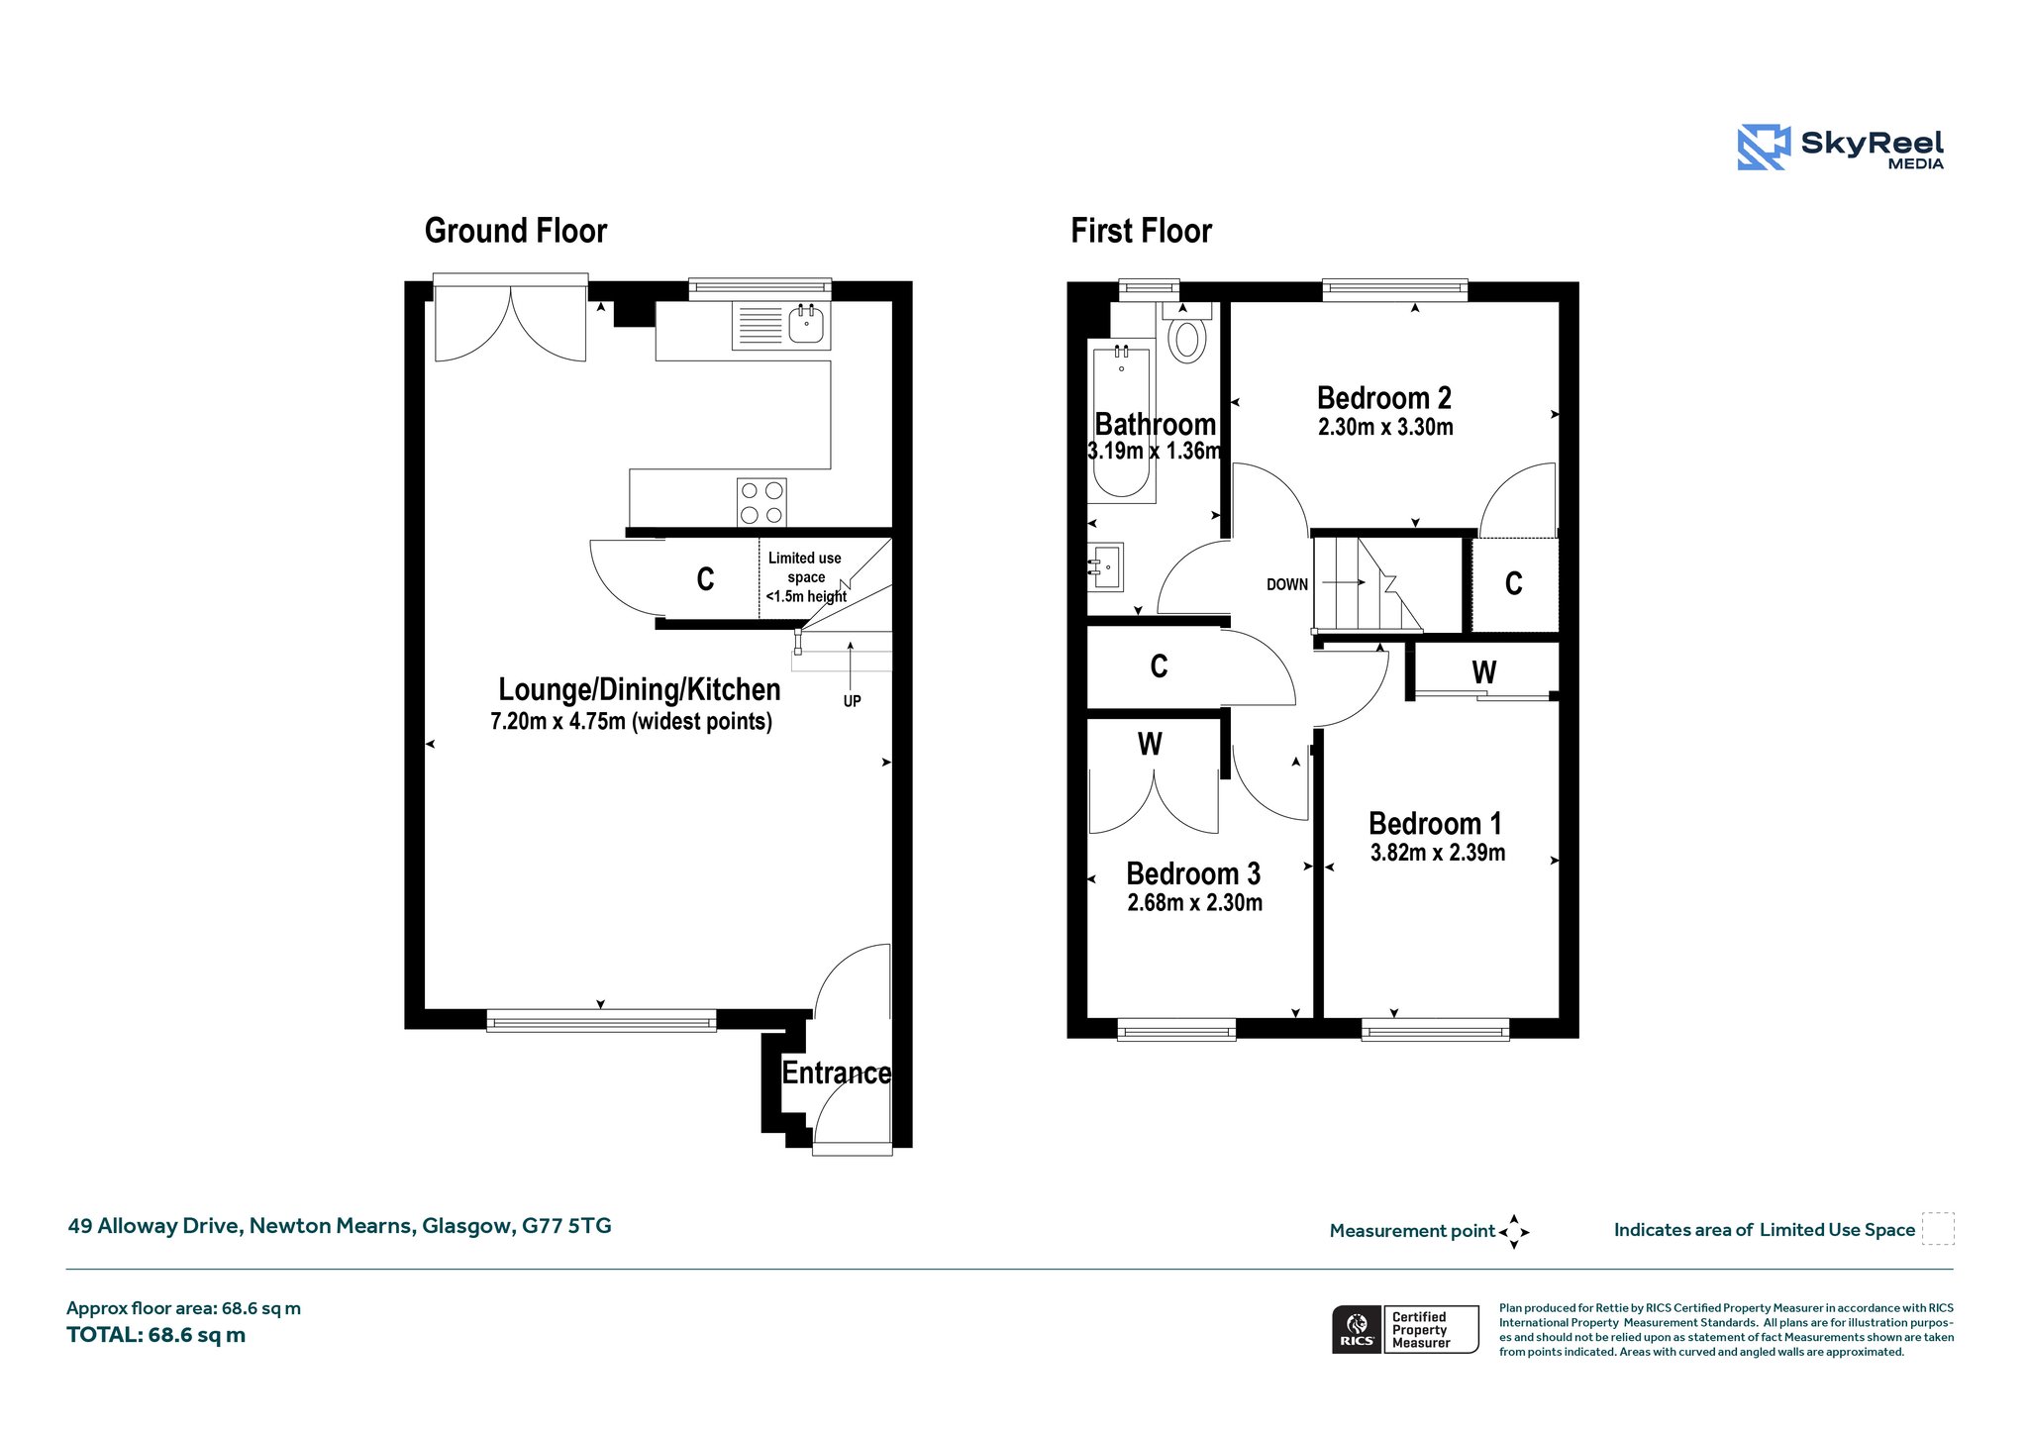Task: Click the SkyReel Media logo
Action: pyautogui.click(x=1840, y=148)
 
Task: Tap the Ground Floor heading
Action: pyautogui.click(x=516, y=231)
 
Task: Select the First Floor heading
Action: pyautogui.click(x=1141, y=231)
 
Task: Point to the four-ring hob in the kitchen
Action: pyautogui.click(x=761, y=502)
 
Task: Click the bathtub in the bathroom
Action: pyautogui.click(x=1122, y=420)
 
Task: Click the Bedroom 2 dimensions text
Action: pyautogui.click(x=1385, y=427)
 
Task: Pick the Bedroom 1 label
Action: pyautogui.click(x=1435, y=823)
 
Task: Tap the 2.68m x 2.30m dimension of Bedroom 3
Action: pyautogui.click(x=1194, y=902)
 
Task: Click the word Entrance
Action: pyautogui.click(x=837, y=1073)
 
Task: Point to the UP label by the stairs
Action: pyautogui.click(x=852, y=701)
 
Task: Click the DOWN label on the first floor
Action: pyautogui.click(x=1287, y=585)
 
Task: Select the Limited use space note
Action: pyautogui.click(x=806, y=577)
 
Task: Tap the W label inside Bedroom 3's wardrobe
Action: pyautogui.click(x=1150, y=744)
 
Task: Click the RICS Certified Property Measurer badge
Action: pyautogui.click(x=1405, y=1329)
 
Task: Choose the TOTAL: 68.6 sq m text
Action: pyautogui.click(x=155, y=1335)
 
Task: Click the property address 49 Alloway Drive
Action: pyautogui.click(x=340, y=1226)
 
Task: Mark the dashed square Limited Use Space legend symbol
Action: pyautogui.click(x=1938, y=1229)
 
